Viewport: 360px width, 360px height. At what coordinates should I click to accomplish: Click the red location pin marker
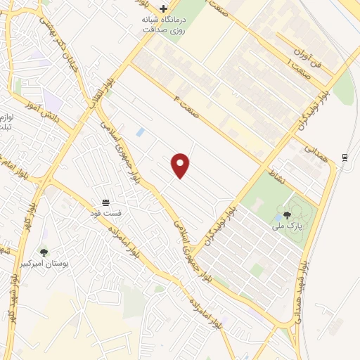tap(181, 165)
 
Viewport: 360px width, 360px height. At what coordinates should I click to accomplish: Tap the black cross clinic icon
tap(164, 9)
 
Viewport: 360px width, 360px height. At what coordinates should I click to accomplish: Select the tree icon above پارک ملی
tap(287, 215)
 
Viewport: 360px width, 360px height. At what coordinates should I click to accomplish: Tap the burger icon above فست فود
tap(105, 202)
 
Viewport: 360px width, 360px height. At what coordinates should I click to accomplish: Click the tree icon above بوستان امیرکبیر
tap(44, 252)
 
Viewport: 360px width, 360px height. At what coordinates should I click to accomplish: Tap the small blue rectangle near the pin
tap(141, 132)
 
